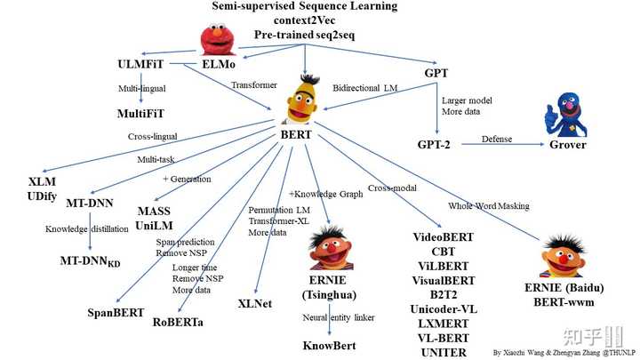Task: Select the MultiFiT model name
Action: pyautogui.click(x=145, y=114)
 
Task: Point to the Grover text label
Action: pyautogui.click(x=568, y=144)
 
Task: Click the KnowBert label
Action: pyautogui.click(x=332, y=345)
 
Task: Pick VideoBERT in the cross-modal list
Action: pyautogui.click(x=444, y=237)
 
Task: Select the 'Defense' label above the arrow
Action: pyautogui.click(x=497, y=139)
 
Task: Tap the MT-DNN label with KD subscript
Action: pyautogui.click(x=91, y=261)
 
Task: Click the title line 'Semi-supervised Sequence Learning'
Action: pyautogui.click(x=305, y=7)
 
